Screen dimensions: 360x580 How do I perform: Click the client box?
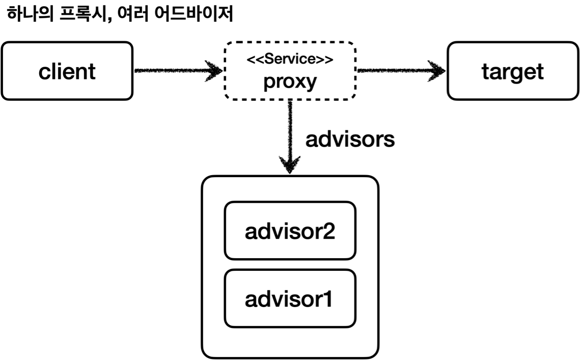67,71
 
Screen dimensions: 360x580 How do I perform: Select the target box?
512,71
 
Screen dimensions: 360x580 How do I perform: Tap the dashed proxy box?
290,71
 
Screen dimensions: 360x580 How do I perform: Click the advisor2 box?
290,231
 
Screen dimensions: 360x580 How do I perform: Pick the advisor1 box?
290,299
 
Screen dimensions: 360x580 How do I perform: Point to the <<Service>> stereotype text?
290,60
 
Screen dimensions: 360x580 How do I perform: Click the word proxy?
290,81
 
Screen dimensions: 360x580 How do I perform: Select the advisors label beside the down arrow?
350,139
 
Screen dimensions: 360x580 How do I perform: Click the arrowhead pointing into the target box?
438,71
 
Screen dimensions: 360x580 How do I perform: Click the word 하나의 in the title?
30,15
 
